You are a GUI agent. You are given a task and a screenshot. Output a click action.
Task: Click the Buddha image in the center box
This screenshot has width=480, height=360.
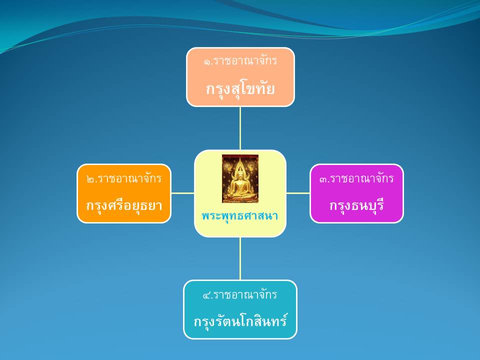click(x=240, y=179)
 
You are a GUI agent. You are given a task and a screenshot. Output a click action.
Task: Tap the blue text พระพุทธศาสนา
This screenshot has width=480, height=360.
click(x=240, y=216)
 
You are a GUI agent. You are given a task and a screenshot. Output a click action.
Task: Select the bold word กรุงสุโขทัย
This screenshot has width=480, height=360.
click(x=240, y=89)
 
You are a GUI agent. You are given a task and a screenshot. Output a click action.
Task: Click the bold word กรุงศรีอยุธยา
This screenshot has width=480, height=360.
click(x=124, y=205)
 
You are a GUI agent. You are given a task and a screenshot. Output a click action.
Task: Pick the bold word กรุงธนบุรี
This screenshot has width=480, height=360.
click(x=356, y=205)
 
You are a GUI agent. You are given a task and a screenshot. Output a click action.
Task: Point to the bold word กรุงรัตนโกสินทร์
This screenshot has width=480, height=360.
click(x=240, y=321)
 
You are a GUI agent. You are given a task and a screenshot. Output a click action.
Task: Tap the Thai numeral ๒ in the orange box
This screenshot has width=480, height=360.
click(x=90, y=179)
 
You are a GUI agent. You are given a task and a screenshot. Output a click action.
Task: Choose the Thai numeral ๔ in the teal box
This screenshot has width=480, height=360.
click(x=206, y=295)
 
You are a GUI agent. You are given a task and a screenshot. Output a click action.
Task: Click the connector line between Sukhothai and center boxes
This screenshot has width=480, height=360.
click(x=240, y=128)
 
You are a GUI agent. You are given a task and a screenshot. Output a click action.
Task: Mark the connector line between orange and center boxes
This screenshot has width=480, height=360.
click(x=183, y=193)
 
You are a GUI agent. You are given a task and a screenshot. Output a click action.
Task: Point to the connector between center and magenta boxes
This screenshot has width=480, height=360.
click(x=298, y=193)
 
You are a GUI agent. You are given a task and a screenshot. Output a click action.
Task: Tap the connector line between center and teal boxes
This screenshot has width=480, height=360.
click(x=240, y=258)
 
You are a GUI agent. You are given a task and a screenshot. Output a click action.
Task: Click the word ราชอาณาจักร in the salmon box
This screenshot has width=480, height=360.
click(x=245, y=61)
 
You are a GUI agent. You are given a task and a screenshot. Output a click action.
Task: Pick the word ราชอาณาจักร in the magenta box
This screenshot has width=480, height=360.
click(x=362, y=178)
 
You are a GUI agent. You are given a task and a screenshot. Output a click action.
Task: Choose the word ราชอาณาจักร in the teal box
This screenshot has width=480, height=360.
click(x=245, y=294)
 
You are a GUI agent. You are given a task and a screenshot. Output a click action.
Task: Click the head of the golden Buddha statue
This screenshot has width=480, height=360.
click(x=240, y=174)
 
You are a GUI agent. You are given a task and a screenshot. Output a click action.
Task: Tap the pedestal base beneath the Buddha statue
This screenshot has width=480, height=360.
click(x=240, y=198)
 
